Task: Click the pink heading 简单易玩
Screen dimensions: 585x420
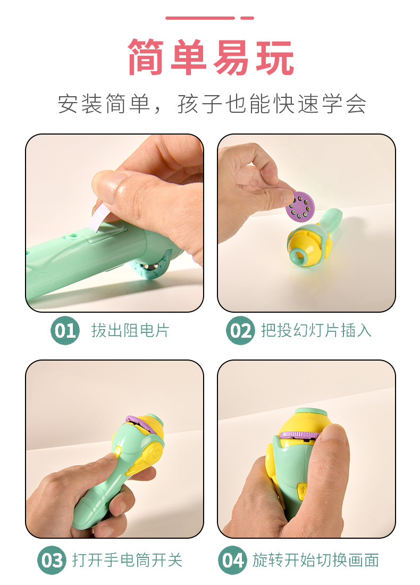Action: click(x=211, y=57)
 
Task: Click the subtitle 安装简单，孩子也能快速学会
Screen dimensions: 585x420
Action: click(x=212, y=104)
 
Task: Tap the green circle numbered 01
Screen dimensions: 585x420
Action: click(x=65, y=330)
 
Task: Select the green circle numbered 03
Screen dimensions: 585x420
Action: click(x=52, y=560)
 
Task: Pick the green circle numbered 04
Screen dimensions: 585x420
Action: click(x=232, y=560)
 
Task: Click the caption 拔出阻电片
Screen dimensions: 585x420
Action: click(x=130, y=330)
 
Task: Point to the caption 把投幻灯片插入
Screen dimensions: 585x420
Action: click(x=316, y=330)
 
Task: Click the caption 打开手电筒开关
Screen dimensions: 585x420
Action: click(x=127, y=560)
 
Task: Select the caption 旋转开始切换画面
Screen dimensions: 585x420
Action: click(x=315, y=560)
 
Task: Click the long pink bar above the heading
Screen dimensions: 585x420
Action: click(x=200, y=18)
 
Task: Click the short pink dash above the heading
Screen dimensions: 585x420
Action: click(x=247, y=18)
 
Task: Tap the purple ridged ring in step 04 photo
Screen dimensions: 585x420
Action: click(x=300, y=434)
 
